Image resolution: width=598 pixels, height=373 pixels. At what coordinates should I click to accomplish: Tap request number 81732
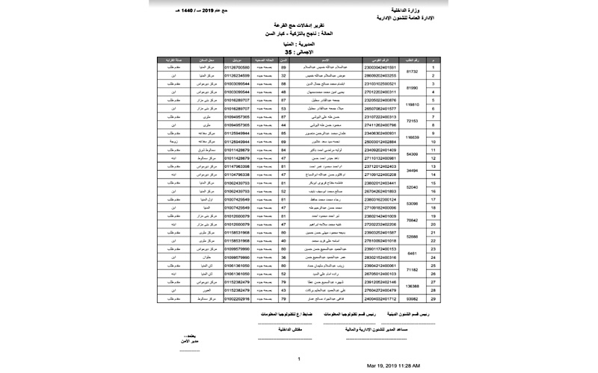click(x=411, y=72)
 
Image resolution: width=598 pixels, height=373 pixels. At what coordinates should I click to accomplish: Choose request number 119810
click(x=411, y=104)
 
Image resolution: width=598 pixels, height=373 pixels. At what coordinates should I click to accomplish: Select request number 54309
click(x=411, y=154)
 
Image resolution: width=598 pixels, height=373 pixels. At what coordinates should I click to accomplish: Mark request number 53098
click(x=411, y=203)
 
